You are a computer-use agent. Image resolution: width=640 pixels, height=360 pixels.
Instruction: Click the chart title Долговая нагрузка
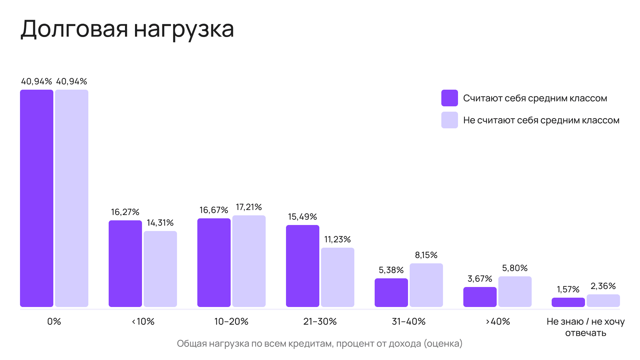127,29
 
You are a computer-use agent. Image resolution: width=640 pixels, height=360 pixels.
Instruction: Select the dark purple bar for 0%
37,198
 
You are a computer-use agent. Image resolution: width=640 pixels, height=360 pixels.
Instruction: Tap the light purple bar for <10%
160,269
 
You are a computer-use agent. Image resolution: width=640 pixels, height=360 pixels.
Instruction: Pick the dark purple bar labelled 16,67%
214,263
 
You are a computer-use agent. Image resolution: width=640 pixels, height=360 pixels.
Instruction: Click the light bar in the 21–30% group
338,277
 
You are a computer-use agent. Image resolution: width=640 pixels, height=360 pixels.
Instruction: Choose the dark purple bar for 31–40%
391,293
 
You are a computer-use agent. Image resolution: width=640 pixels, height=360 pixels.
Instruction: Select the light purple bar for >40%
515,292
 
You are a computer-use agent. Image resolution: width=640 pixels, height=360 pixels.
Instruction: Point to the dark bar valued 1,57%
568,302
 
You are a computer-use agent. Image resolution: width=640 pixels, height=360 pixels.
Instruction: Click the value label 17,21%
249,207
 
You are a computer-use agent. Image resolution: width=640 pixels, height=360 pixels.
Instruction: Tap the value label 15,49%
302,217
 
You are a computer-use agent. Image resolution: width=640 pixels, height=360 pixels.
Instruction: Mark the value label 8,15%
426,255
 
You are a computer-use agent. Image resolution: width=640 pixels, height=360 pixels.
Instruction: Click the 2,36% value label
603,286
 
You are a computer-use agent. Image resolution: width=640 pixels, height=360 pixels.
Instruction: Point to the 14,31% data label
160,223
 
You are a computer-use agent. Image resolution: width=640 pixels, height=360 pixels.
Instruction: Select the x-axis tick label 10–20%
231,322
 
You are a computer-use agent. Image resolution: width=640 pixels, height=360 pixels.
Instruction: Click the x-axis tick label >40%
498,322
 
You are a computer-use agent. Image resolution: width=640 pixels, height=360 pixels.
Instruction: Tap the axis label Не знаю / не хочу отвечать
586,327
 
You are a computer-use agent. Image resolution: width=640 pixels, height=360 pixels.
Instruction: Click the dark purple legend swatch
450,98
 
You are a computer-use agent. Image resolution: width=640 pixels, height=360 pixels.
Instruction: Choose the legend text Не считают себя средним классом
541,120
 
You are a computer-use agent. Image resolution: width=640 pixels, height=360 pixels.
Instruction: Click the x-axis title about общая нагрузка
320,344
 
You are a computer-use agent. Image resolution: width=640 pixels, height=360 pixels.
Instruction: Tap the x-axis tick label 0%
54,322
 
